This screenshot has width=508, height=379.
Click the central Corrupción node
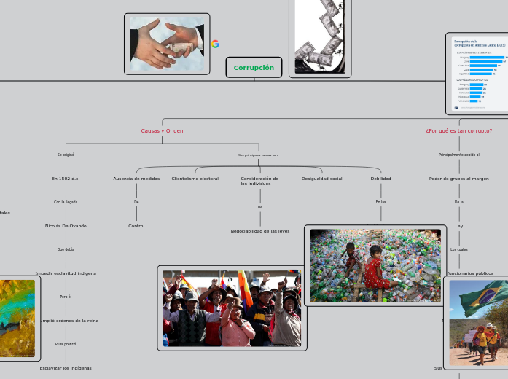tap(254, 68)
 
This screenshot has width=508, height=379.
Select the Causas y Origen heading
tap(162, 131)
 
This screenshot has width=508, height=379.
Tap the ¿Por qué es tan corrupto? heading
tap(458, 131)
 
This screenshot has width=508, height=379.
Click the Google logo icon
tap(215, 44)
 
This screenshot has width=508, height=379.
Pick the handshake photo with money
tap(167, 44)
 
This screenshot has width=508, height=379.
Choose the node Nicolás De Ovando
tap(66, 226)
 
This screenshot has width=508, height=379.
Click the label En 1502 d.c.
tap(66, 179)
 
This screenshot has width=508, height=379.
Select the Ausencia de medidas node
tap(136, 179)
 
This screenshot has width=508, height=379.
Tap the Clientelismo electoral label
tap(195, 179)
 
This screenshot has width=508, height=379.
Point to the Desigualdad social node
tap(321, 179)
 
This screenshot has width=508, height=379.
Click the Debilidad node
tap(380, 179)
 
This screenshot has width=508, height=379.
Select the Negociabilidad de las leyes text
tap(259, 231)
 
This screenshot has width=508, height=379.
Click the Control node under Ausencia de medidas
tap(136, 226)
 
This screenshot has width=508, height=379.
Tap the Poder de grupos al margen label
tap(458, 179)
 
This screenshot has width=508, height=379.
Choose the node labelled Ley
tap(458, 226)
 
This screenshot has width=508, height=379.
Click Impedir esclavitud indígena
tap(66, 273)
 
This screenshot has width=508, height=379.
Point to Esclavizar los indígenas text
tap(66, 368)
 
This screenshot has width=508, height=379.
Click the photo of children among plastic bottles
tap(375, 265)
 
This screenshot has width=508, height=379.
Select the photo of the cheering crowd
tap(232, 308)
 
